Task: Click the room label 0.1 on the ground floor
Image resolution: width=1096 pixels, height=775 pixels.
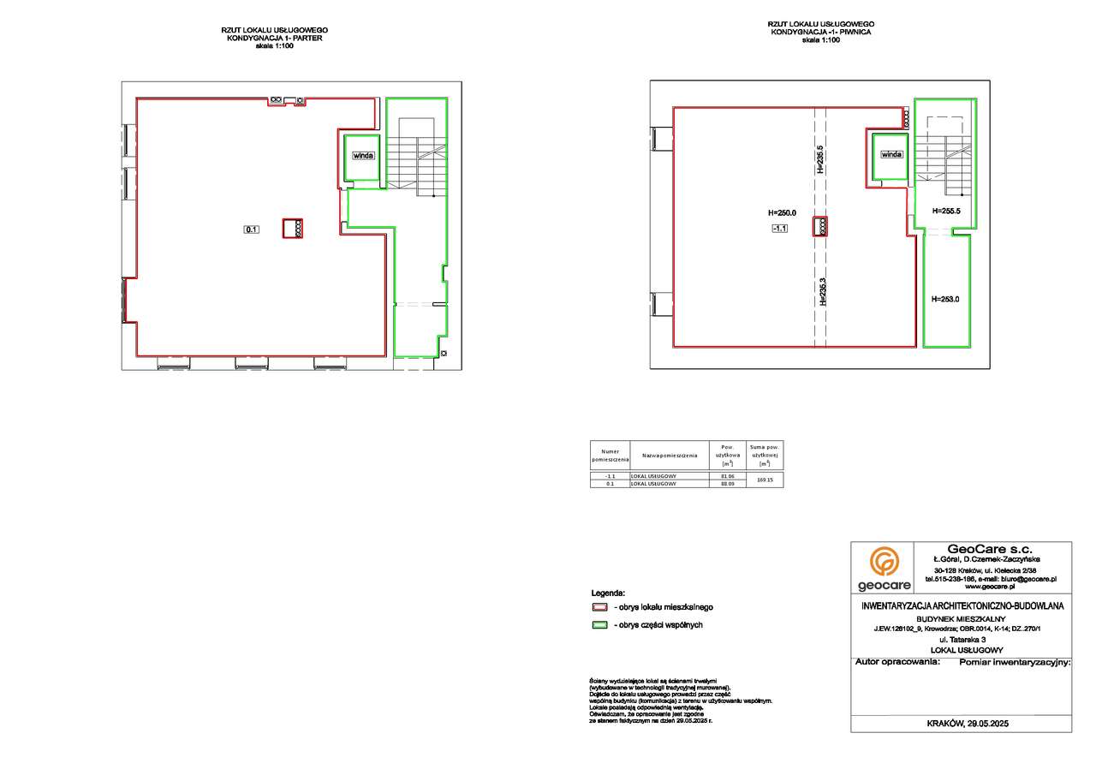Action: [252, 229]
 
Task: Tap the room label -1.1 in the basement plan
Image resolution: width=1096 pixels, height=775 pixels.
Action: [780, 228]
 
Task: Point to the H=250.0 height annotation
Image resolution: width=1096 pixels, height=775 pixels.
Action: [781, 213]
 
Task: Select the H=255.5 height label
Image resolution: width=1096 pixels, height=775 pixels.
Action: [946, 212]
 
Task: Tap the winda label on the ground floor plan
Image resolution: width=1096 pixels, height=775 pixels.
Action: [363, 156]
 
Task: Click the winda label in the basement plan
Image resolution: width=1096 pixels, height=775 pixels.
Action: [890, 155]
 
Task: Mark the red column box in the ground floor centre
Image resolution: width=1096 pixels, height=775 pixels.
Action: [294, 228]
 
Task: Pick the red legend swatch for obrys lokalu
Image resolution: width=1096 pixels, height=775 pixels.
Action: [599, 606]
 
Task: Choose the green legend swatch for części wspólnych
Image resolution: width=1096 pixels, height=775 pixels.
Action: [599, 625]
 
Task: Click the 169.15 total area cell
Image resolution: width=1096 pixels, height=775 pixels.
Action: [765, 480]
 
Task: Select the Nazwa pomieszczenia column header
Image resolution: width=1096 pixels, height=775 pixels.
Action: [670, 455]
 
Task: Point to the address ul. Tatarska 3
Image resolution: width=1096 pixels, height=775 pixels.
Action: [962, 640]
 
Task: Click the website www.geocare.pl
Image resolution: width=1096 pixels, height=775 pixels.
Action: [990, 587]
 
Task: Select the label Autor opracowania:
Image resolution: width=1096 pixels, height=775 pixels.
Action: [897, 662]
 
